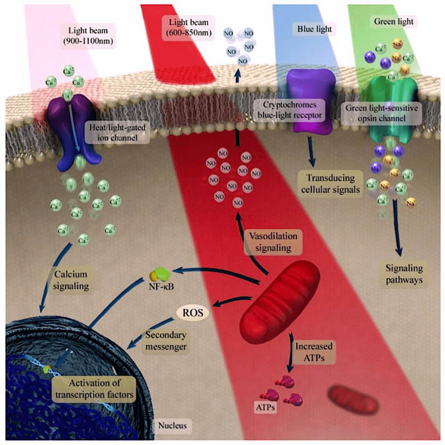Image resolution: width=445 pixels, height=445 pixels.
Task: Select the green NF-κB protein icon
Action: point(162,274)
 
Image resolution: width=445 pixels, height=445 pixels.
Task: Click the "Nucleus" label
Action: point(172,425)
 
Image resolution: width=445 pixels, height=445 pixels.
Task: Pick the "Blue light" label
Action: point(314,29)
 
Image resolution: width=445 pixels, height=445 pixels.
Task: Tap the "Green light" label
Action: point(393,22)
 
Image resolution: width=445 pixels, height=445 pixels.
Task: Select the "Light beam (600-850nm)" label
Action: point(189,27)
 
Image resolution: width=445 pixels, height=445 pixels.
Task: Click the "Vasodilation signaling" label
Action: point(273,242)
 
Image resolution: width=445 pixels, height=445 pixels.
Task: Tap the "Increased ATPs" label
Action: point(313,352)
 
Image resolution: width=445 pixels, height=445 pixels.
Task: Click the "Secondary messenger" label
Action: point(165,341)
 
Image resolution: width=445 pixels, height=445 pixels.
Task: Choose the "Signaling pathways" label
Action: point(404,274)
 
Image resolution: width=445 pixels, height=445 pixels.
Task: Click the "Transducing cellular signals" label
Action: point(330,183)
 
